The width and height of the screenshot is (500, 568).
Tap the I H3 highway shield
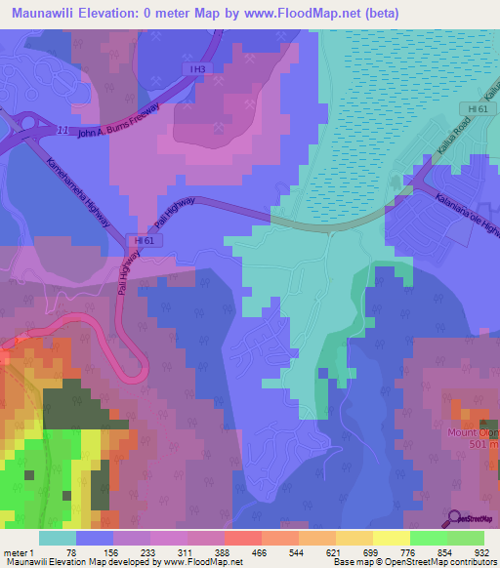click(x=198, y=69)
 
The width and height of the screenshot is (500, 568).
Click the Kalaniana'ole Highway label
click(x=460, y=204)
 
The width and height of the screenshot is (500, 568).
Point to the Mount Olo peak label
click(x=473, y=431)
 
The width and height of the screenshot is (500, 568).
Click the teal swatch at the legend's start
click(x=58, y=538)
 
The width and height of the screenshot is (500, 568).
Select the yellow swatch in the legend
click(x=391, y=538)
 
